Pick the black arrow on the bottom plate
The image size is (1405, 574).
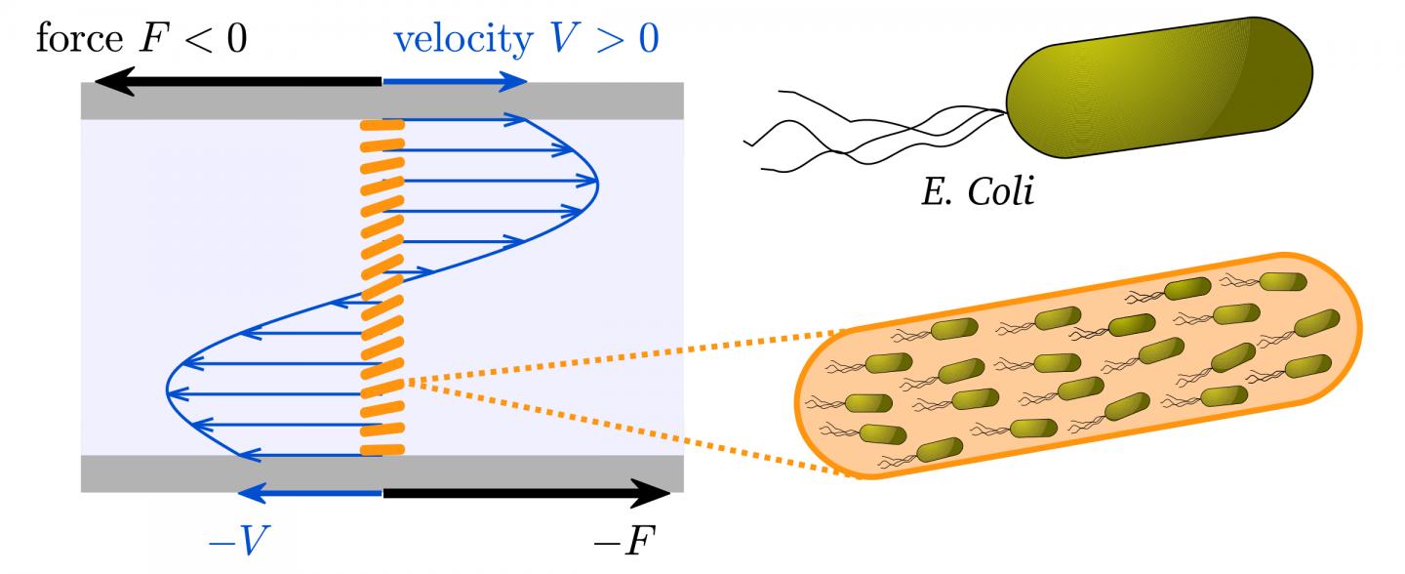526,493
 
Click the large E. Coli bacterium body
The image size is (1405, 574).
1160,87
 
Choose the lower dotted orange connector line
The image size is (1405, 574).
624,430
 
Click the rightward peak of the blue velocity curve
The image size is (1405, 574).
596,182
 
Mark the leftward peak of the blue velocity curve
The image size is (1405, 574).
169,392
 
